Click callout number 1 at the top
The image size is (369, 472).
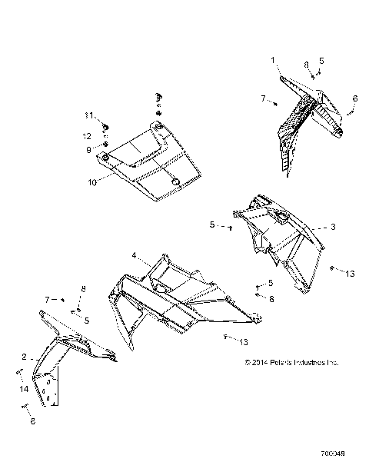tap(271, 59)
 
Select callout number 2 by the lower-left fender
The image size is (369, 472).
tap(24, 357)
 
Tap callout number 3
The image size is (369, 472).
tap(334, 227)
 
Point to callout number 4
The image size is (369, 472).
tap(133, 255)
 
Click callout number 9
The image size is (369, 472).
tap(88, 148)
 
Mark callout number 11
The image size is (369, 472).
tap(88, 115)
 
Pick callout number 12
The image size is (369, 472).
tap(88, 135)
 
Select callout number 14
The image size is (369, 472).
tap(22, 389)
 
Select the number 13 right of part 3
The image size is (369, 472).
tap(350, 273)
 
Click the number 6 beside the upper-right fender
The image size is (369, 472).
tap(355, 98)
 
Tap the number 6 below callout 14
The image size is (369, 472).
tap(32, 420)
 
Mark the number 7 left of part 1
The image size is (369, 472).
tap(263, 98)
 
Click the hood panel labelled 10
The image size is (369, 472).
tap(154, 165)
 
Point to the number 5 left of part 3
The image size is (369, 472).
tap(211, 224)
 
